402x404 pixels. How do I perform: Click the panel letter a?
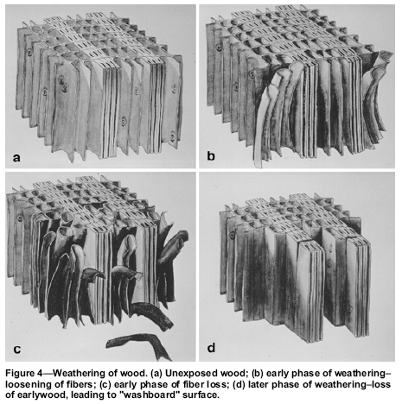[x=16, y=158]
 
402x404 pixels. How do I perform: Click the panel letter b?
[x=211, y=155]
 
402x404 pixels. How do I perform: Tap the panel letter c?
[x=17, y=349]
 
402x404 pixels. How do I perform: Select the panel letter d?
[x=211, y=348]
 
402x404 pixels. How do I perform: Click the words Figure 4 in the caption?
[x=24, y=374]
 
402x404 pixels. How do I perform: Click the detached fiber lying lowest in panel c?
[x=138, y=345]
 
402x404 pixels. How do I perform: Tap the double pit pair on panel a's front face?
[x=62, y=83]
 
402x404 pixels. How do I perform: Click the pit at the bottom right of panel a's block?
[x=173, y=136]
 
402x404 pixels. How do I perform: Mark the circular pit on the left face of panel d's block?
[x=233, y=236]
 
